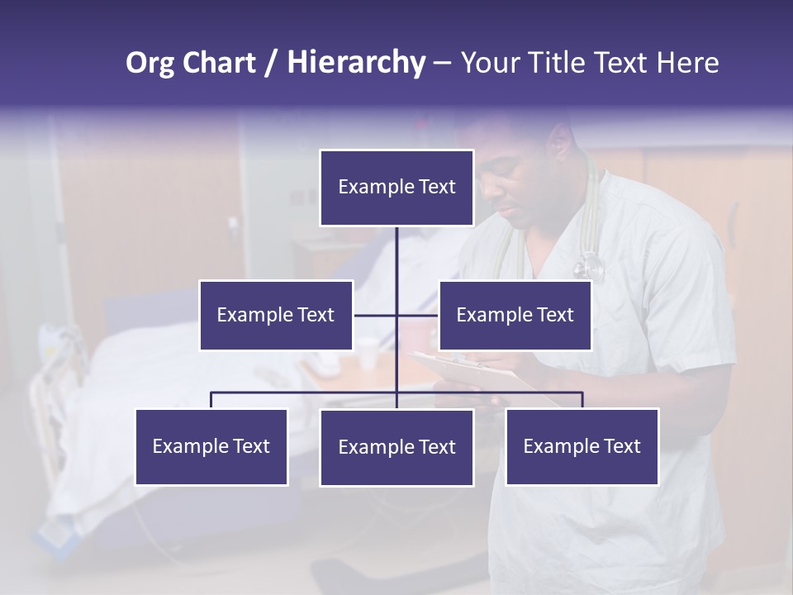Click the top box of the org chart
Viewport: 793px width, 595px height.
pyautogui.click(x=396, y=188)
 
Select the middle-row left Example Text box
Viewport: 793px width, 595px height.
pyautogui.click(x=276, y=315)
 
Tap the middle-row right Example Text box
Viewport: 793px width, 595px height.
pyautogui.click(x=515, y=315)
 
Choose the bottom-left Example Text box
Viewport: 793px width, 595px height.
pyautogui.click(x=211, y=446)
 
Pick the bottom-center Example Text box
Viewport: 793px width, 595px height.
pyautogui.click(x=396, y=447)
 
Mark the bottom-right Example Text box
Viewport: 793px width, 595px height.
pyautogui.click(x=582, y=446)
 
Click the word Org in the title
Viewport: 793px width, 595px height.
pyautogui.click(x=150, y=63)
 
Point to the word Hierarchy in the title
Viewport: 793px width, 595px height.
pyautogui.click(x=355, y=63)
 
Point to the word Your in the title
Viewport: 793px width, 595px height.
pyautogui.click(x=487, y=63)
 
